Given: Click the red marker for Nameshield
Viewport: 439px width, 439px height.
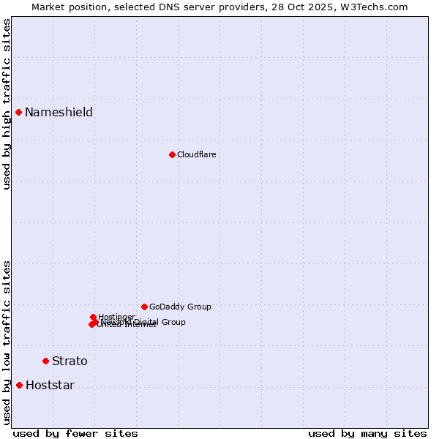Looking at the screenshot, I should tap(19, 112).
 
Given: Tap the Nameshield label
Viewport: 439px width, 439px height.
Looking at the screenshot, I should tap(59, 112).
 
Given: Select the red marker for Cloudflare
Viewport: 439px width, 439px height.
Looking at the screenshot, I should tap(172, 154).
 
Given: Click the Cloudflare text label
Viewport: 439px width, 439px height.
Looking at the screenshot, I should tap(196, 154).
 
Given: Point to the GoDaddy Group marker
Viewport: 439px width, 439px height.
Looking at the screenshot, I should tap(144, 307).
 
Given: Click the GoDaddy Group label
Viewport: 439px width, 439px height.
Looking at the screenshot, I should tap(180, 307).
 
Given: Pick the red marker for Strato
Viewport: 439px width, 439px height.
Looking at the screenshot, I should tap(45, 361).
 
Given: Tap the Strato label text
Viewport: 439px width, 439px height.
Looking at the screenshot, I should tap(70, 361).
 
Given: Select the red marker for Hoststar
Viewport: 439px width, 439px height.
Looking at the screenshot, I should tap(19, 385).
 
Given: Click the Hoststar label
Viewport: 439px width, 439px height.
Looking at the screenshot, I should tap(50, 385).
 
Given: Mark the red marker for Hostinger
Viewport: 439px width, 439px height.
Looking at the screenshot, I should tap(94, 317).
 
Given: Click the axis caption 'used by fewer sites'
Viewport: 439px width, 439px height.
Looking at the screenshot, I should tap(75, 433).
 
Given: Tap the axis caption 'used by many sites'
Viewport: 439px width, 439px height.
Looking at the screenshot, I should tap(367, 433).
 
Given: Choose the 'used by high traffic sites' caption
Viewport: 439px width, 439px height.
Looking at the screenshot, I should tap(7, 104).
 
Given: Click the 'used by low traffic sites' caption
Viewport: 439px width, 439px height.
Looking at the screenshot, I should tap(7, 342).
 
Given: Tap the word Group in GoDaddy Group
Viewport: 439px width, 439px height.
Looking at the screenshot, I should tap(199, 307).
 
